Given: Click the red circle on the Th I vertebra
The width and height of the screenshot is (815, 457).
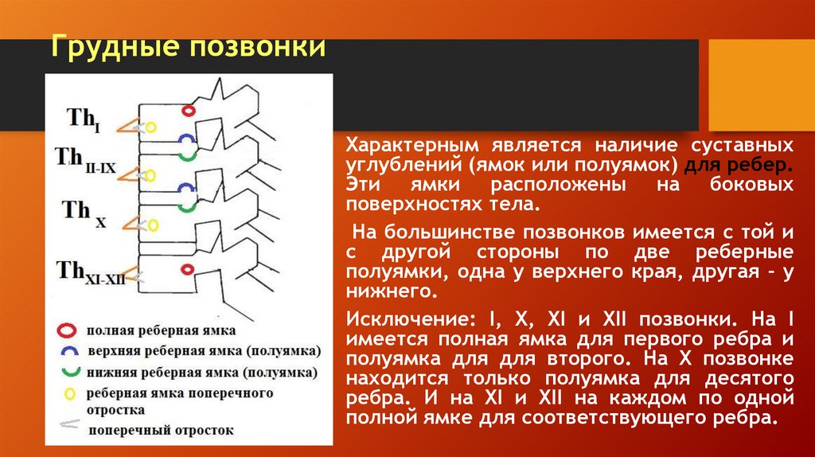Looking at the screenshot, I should pos(189,111).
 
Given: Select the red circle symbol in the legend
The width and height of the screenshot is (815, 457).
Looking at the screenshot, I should pos(68,329).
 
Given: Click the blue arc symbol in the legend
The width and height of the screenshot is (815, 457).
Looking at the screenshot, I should pos(68,350).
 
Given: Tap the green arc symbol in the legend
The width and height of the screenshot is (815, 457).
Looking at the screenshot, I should pos(68,372).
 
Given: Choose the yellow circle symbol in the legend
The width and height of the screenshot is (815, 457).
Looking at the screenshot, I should pos(68,393).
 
